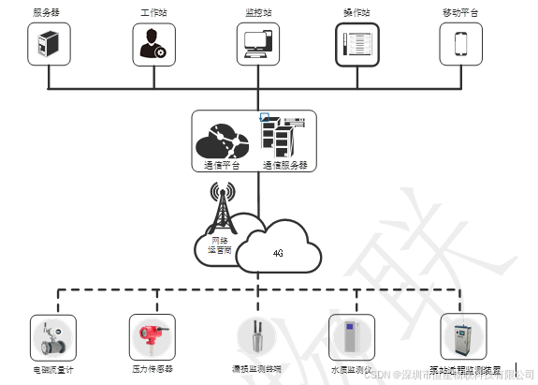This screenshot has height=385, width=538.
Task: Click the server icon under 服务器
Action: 49,43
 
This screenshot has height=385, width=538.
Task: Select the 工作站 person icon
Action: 153,43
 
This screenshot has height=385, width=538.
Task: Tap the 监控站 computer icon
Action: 257,43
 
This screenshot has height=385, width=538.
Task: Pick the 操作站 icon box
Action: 358,43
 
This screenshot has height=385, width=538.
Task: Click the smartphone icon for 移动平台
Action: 461,43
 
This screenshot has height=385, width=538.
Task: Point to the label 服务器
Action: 48,13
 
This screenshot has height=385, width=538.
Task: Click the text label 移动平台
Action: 461,13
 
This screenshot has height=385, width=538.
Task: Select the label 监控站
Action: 257,13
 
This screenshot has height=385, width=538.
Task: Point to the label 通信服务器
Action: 284,166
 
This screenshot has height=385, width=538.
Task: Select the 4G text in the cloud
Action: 278,253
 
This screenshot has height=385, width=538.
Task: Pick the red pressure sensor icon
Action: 152,336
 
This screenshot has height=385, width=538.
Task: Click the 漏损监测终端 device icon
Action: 256,337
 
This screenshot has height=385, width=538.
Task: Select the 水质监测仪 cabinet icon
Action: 350,336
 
